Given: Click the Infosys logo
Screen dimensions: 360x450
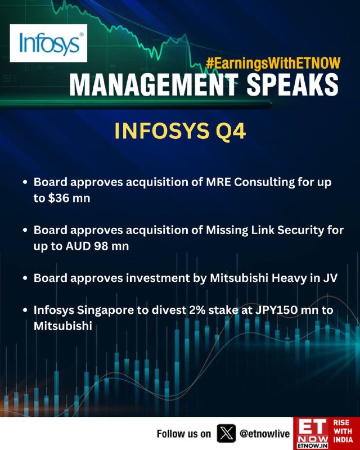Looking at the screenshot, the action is (48, 43).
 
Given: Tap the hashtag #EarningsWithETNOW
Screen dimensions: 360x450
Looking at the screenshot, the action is (273, 63).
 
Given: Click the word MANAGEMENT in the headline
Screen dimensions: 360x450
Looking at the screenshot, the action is (154, 85).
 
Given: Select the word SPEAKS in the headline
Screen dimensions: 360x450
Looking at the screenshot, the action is (292, 85).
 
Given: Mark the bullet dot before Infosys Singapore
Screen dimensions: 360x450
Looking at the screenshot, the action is (25, 310).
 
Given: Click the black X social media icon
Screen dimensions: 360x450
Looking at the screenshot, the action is (226, 433).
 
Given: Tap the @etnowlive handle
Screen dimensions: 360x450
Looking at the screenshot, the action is (265, 434).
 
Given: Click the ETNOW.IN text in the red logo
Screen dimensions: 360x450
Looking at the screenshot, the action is (312, 445).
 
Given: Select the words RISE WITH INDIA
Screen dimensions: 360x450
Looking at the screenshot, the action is (343, 431).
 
